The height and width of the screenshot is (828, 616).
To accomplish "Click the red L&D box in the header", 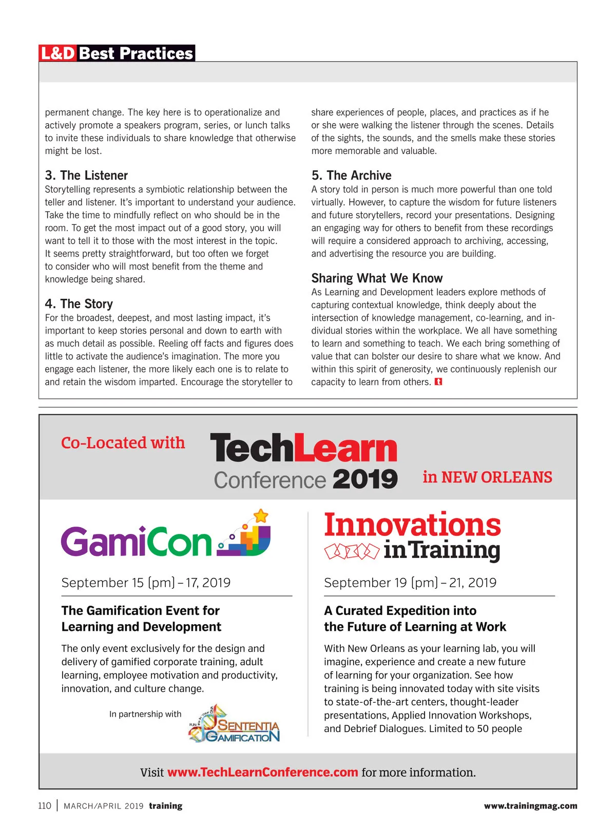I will (58, 53).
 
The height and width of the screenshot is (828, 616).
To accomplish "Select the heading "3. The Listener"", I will (86, 176).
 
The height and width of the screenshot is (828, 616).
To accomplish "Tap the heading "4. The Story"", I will (79, 304).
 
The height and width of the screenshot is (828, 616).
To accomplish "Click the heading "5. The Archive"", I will (351, 176).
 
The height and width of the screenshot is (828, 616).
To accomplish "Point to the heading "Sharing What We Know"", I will (377, 278).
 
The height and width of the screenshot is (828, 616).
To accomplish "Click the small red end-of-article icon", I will (438, 382).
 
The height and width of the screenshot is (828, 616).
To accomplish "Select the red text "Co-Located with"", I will (123, 442).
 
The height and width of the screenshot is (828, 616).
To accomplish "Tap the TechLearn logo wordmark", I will (303, 448).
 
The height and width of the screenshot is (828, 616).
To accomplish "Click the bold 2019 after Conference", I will (365, 479).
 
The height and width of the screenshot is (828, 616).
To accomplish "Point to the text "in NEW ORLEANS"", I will (487, 477).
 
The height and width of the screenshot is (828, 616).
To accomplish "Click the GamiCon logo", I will (165, 537).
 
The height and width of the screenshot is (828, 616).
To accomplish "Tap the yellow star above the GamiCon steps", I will (261, 515).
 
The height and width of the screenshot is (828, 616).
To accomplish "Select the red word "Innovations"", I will (412, 525).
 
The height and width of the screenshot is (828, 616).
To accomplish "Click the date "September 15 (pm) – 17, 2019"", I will (146, 583).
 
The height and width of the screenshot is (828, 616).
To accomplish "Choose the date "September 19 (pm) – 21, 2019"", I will (410, 583).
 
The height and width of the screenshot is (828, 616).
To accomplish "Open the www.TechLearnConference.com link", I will (262, 773).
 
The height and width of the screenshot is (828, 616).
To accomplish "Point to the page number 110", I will (45, 806).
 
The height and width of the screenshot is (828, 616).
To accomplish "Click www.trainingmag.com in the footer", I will (530, 806).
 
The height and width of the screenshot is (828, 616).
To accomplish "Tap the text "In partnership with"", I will (145, 714).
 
